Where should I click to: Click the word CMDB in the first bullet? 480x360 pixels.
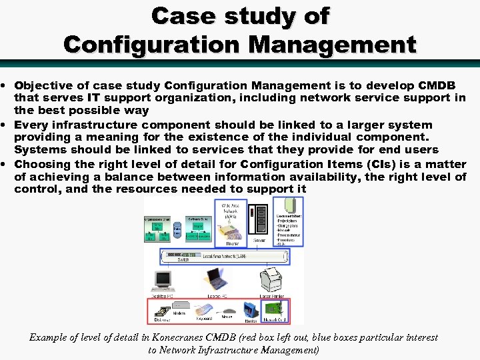coord(437,85)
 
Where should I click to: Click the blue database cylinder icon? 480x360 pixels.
coord(177,230)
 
